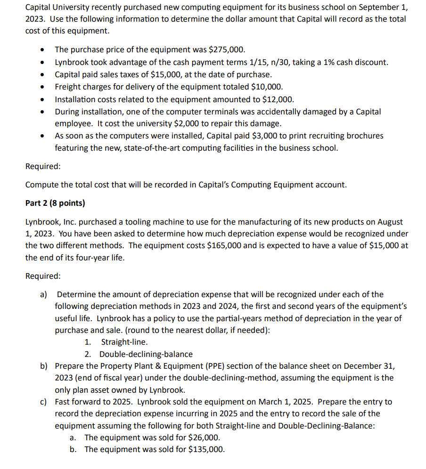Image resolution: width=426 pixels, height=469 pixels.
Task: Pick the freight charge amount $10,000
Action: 267,87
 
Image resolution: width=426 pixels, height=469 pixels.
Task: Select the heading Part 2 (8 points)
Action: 55,203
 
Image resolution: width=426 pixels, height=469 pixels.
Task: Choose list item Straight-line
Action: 124,342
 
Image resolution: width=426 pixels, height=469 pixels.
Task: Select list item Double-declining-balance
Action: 146,354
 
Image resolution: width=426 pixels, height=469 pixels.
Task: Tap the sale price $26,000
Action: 204,437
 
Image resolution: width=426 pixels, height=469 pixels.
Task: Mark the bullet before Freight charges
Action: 43,87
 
